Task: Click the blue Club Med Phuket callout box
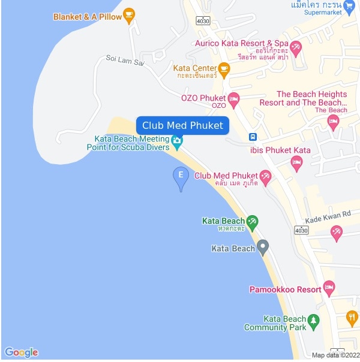pos(182,125)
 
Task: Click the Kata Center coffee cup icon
pos(224,69)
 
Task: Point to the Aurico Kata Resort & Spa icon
pos(295,46)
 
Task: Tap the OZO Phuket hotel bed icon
pos(234,98)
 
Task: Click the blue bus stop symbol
pos(254,136)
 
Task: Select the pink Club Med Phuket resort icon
pos(265,176)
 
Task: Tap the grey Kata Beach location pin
pos(263,246)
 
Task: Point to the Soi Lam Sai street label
pos(125,59)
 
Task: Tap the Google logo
pos(21,352)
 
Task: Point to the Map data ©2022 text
pos(335,355)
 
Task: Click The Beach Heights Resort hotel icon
pos(334,122)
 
